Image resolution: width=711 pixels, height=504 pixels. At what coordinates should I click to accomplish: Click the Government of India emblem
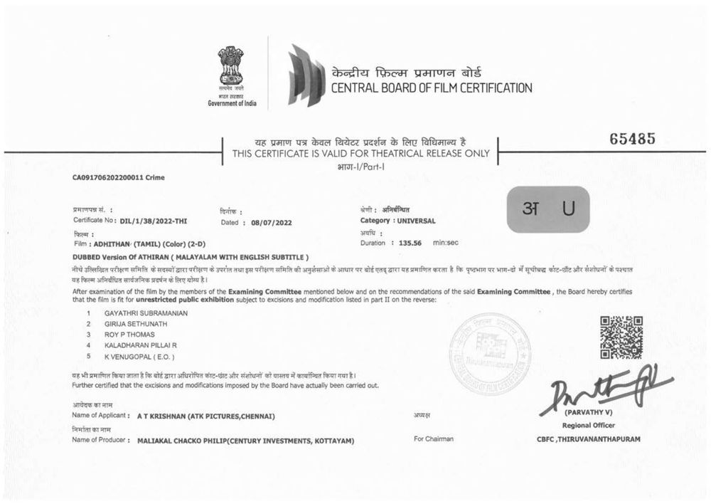230,67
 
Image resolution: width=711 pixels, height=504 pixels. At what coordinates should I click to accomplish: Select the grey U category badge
547,209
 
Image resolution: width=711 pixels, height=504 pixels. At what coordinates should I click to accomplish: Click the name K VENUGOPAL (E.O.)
139,356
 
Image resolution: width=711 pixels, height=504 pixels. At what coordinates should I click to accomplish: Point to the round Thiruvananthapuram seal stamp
491,355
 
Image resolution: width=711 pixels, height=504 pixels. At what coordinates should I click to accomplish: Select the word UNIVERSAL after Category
416,221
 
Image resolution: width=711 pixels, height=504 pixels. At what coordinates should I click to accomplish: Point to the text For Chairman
433,439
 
